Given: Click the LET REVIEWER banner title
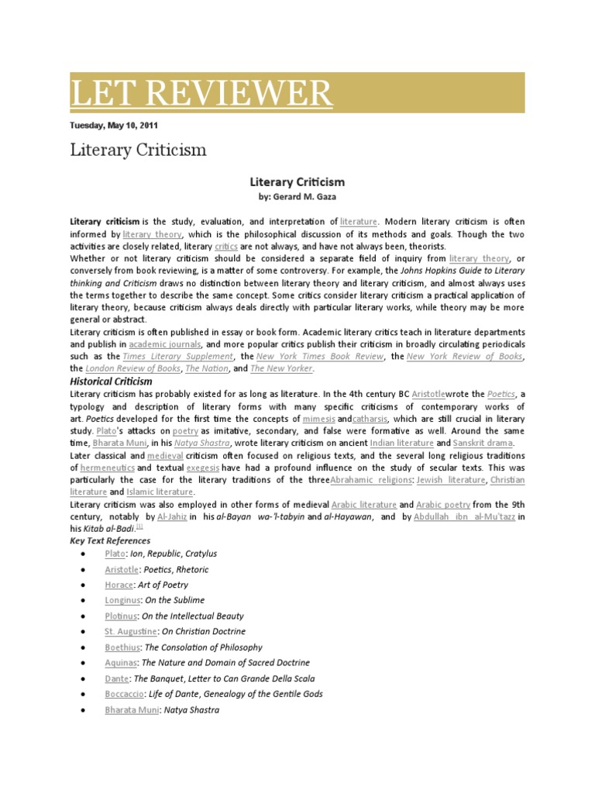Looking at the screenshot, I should [201, 94].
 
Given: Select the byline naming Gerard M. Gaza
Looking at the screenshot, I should [297, 198].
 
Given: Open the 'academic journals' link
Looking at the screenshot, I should [166, 343].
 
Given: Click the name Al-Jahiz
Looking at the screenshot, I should [172, 516].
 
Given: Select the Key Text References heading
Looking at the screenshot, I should [110, 540].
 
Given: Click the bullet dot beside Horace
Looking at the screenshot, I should [82, 585].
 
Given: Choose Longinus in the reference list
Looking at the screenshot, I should [122, 600].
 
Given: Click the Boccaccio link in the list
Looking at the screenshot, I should [126, 694].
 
